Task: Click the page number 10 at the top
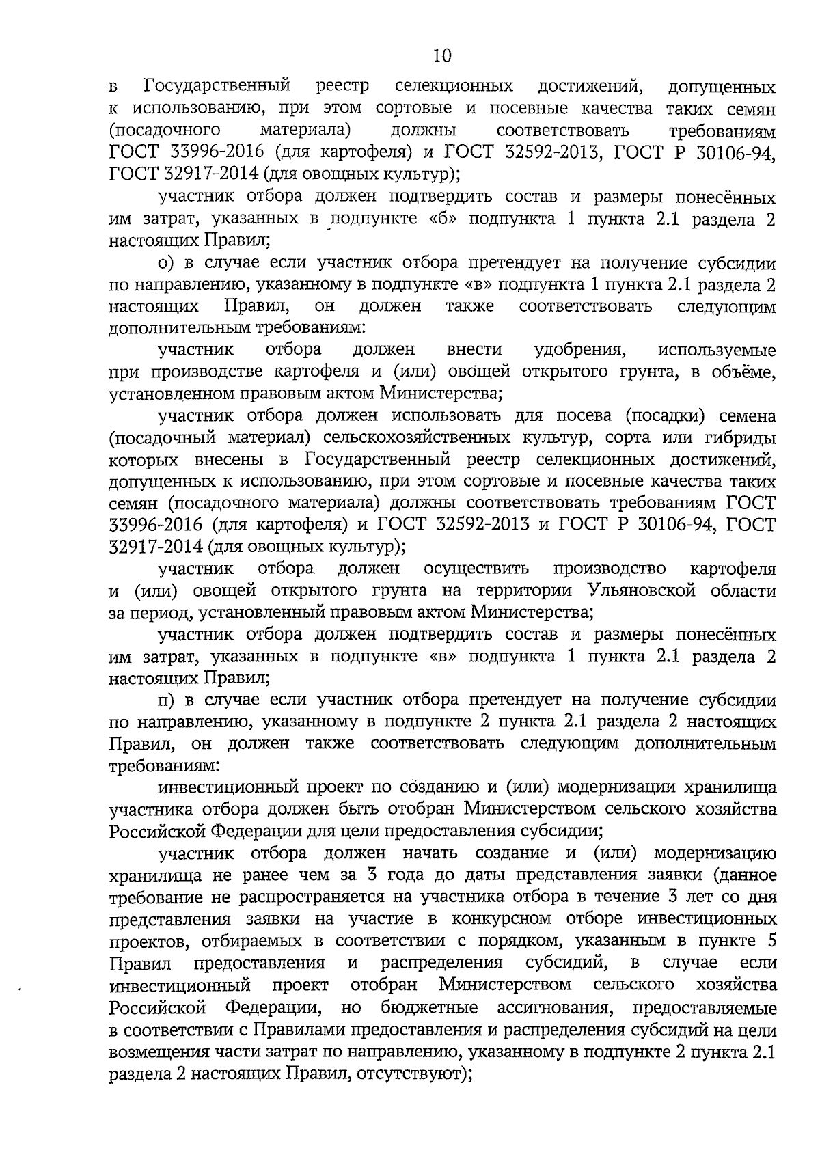(x=442, y=55)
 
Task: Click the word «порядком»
(x=515, y=941)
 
